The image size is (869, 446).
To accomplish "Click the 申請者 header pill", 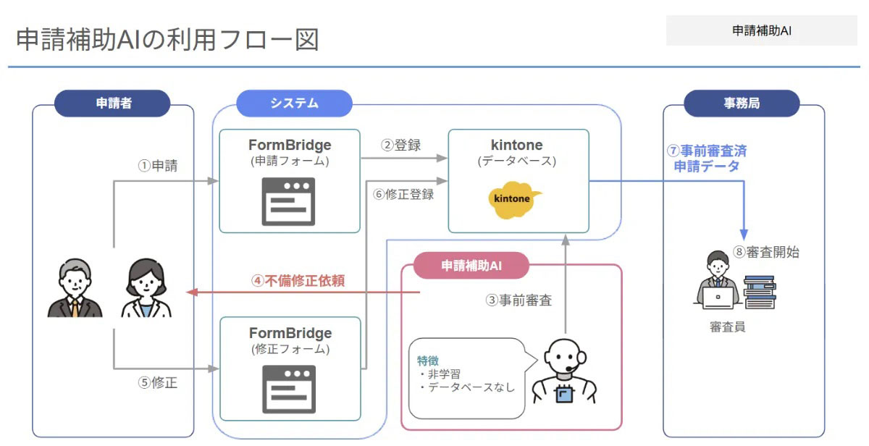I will point(113,103).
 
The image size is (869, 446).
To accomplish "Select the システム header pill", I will point(294,103).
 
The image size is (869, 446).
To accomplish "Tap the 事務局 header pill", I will point(742,103).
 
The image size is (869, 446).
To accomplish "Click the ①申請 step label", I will point(158,166).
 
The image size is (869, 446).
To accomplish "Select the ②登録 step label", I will point(401,145).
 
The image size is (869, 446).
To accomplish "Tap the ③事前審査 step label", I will point(519,300).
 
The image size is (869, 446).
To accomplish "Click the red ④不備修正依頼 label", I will point(298,280).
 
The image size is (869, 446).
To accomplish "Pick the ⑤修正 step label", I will point(158,383).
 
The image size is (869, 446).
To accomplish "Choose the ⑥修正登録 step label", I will point(403,193).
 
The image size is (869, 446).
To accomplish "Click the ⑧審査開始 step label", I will point(766,252).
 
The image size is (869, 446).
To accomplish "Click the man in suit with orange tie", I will point(75,288).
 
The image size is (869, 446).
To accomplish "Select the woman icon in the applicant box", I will point(145,288).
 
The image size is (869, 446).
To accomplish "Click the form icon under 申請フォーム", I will point(289,201).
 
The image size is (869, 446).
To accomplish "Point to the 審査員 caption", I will point(727,327).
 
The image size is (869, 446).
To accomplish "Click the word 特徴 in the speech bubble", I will point(427,360).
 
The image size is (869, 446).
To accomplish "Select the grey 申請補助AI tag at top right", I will point(761,31).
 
